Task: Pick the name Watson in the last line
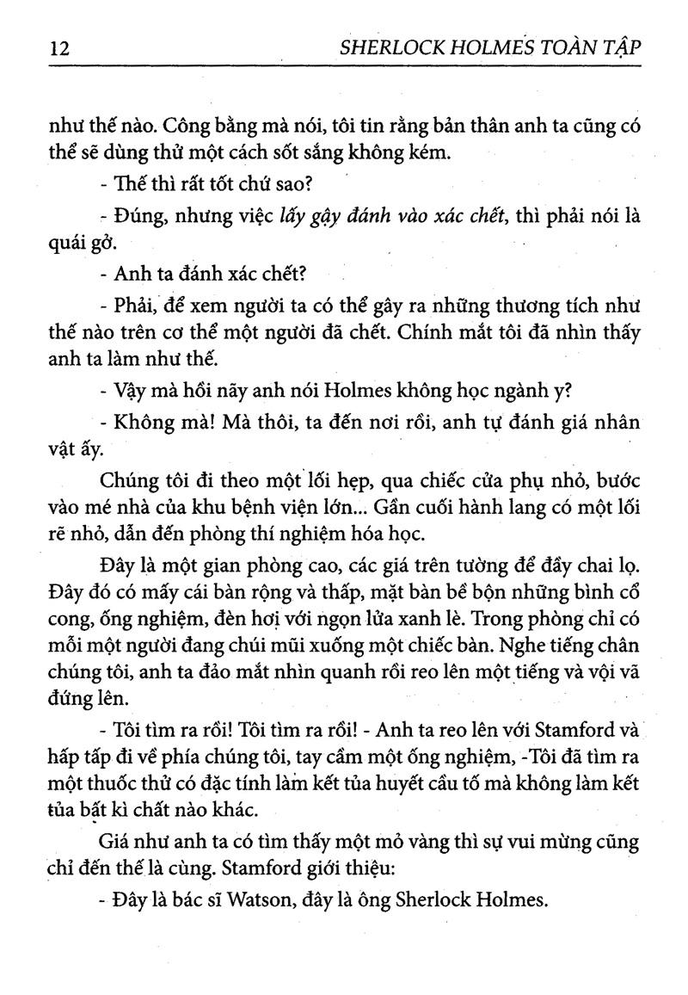point(269,900)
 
